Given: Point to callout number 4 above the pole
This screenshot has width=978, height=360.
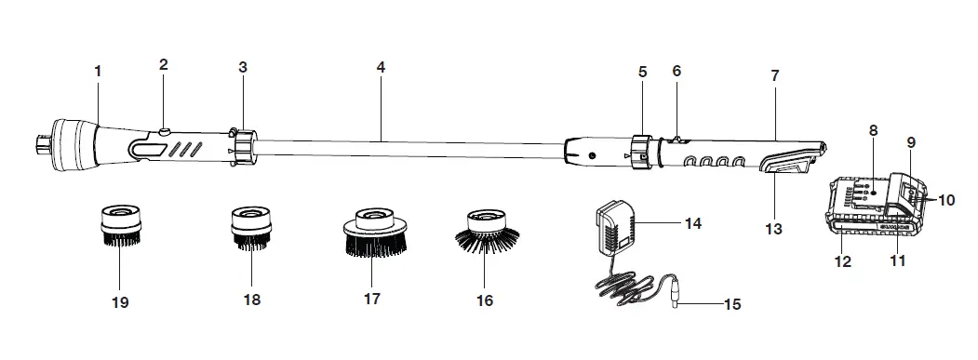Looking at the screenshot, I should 381,68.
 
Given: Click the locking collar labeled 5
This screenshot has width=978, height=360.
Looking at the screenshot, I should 640,151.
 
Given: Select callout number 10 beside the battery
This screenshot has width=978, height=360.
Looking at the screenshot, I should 947,199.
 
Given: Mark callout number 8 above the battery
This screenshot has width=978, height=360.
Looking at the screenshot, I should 873,131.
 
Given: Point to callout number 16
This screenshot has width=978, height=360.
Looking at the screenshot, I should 485,300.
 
